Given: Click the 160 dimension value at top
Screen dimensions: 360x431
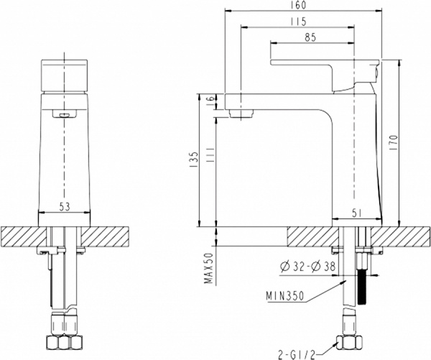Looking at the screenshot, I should (300, 6).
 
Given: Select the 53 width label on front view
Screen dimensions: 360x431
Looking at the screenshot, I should (65, 207).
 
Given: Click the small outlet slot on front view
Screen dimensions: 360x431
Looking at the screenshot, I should (65, 113).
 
